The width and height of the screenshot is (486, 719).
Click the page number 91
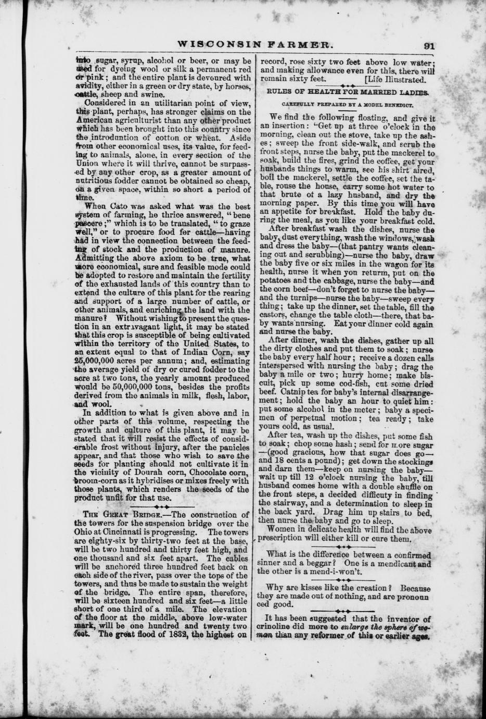point(428,45)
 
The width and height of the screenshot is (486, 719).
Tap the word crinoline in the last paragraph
point(279,627)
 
